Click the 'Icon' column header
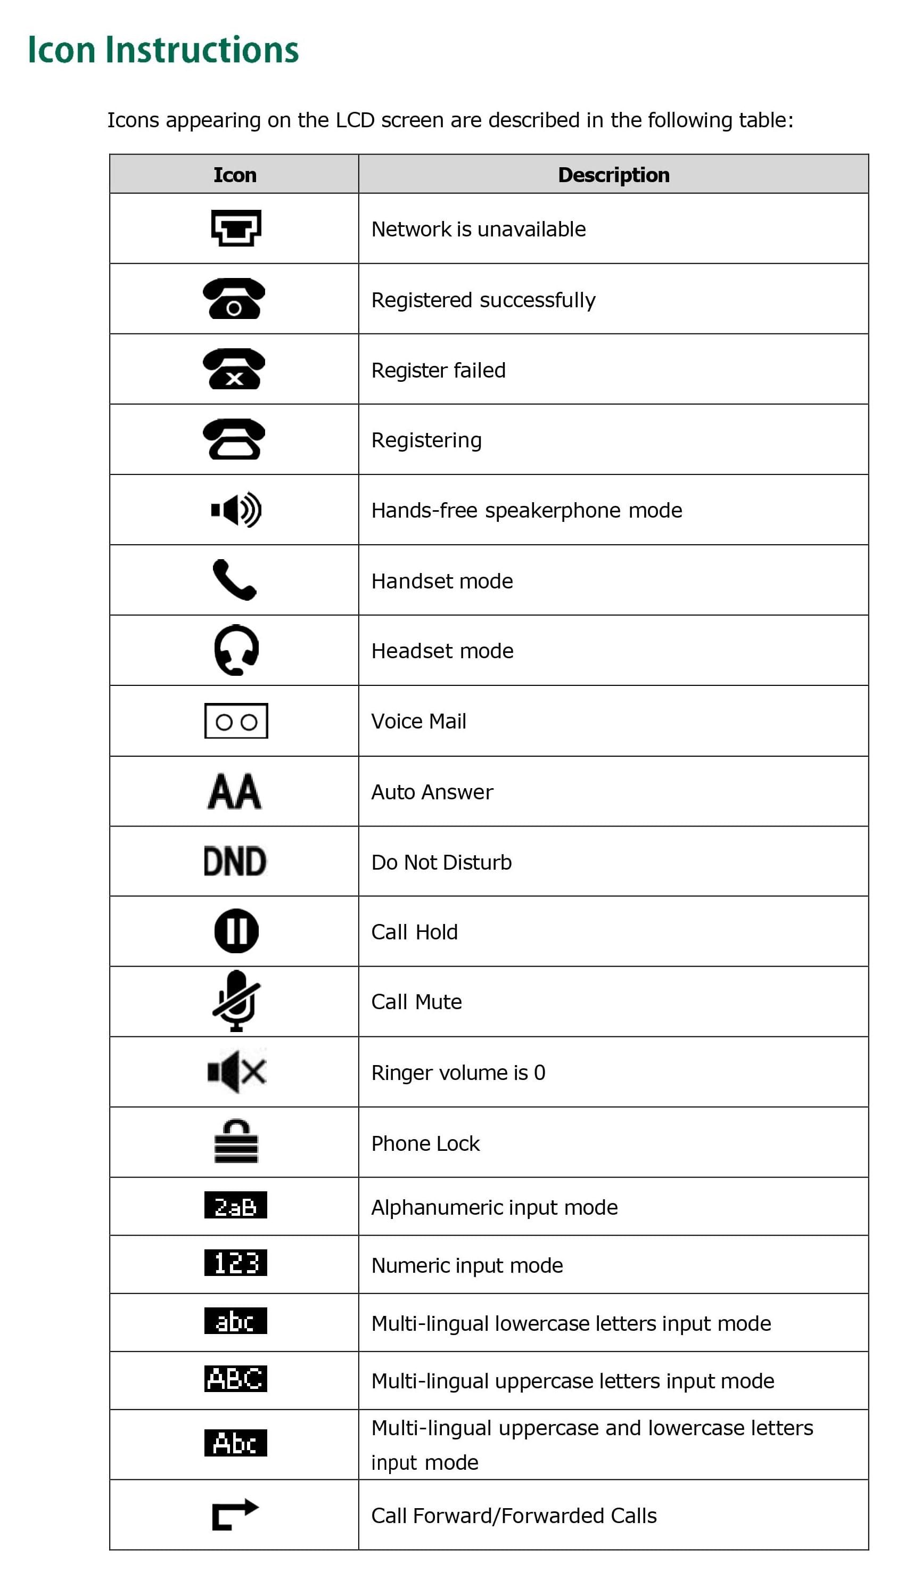pyautogui.click(x=234, y=175)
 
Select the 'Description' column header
pyautogui.click(x=613, y=175)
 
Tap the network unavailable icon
pyautogui.click(x=236, y=228)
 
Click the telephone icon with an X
pyautogui.click(x=234, y=369)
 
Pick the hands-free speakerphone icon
pyautogui.click(x=236, y=510)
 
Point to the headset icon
pyautogui.click(x=236, y=650)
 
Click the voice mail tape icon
pyautogui.click(x=236, y=721)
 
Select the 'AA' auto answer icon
pyautogui.click(x=235, y=791)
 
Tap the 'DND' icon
pyautogui.click(x=235, y=862)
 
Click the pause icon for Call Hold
pyautogui.click(x=236, y=931)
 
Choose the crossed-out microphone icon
pyautogui.click(x=236, y=1001)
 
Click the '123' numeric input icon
pyautogui.click(x=236, y=1263)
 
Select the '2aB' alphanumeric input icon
pyautogui.click(x=236, y=1205)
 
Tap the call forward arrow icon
pyautogui.click(x=235, y=1514)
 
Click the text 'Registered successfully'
pyautogui.click(x=483, y=300)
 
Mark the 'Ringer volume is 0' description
pyautogui.click(x=458, y=1073)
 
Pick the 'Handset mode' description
pyautogui.click(x=442, y=580)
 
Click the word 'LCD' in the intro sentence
pyautogui.click(x=355, y=120)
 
